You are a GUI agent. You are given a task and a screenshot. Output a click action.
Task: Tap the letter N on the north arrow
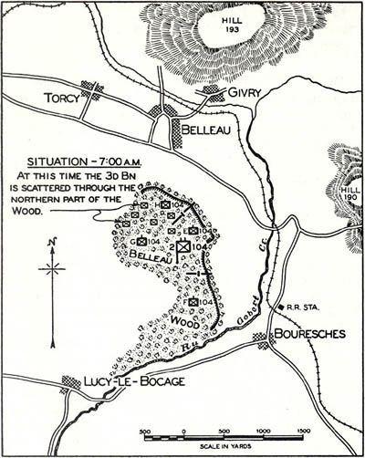pos(52,242)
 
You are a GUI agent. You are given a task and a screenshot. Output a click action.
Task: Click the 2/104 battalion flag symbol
pos(184,246)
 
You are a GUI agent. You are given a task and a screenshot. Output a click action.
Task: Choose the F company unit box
pos(193,302)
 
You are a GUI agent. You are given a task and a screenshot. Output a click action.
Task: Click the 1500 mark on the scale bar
pos(304,431)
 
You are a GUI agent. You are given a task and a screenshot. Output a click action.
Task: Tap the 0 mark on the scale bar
pos(183,431)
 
